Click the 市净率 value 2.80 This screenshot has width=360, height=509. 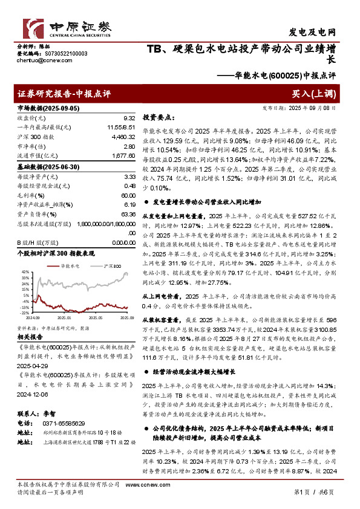[x=128, y=147]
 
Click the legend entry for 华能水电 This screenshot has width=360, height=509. [x=70, y=265]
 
